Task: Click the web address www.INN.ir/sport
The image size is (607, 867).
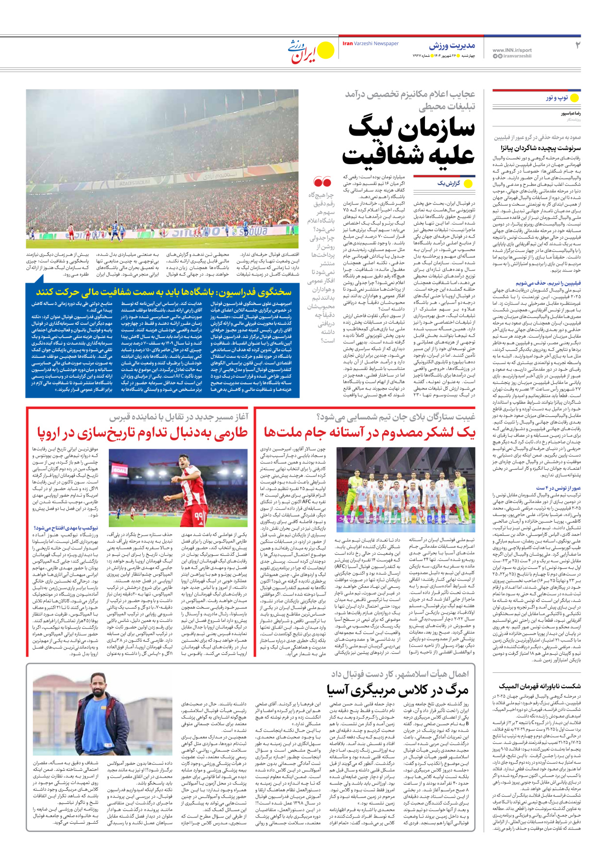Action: click(512, 50)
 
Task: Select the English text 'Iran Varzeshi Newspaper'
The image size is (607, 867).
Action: click(371, 44)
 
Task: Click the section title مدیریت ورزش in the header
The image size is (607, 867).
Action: click(452, 46)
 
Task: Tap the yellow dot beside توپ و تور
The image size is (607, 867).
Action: click(574, 98)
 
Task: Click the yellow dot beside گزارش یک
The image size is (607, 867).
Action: click(469, 184)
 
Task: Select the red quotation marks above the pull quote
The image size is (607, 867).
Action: click(322, 182)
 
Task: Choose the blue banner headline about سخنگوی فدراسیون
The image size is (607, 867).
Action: click(164, 292)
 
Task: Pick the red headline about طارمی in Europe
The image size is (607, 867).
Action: click(142, 432)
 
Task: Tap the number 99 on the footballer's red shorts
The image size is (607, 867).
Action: click(199, 515)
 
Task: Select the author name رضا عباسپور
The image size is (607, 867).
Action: click(571, 113)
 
